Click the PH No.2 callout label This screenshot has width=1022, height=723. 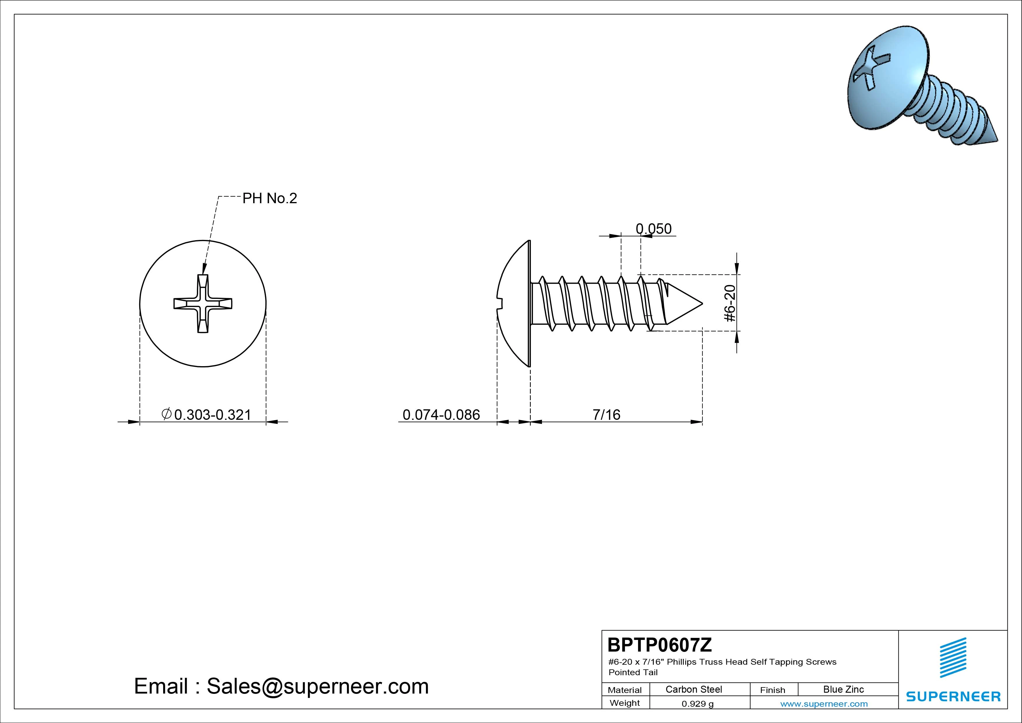(x=269, y=198)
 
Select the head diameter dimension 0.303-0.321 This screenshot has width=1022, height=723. (x=213, y=415)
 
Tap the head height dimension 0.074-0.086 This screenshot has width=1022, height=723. (x=441, y=415)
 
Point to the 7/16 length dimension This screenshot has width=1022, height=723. (x=606, y=415)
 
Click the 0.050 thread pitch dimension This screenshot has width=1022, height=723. (x=653, y=229)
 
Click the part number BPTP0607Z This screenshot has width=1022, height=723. (x=660, y=645)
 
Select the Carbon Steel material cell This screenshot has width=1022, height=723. (x=693, y=689)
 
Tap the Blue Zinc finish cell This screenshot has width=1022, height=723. (x=843, y=689)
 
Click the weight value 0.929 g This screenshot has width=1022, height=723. (x=697, y=704)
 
